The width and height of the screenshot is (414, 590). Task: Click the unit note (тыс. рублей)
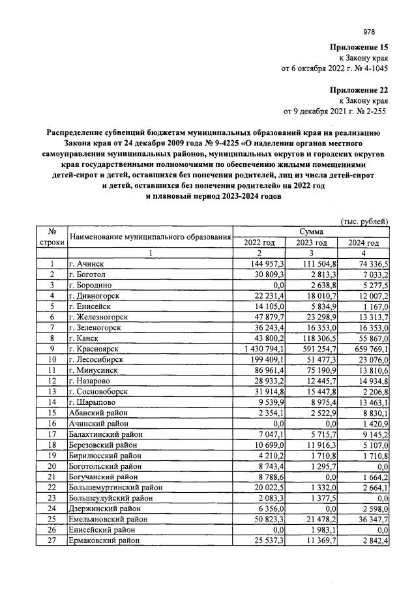click(x=365, y=222)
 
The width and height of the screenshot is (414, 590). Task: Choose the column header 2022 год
click(x=259, y=243)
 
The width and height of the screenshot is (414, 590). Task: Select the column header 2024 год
click(x=363, y=243)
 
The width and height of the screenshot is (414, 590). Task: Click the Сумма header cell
click(x=311, y=231)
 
